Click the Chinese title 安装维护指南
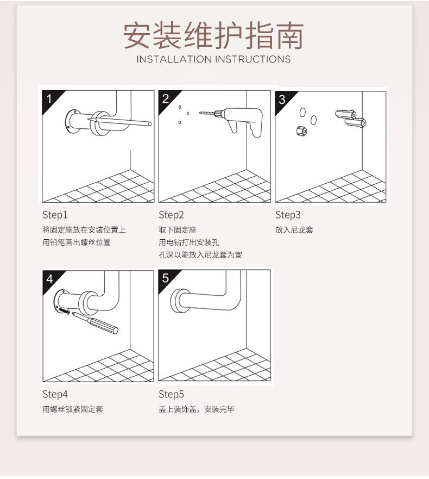coord(213,35)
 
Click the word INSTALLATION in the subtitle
coord(174,59)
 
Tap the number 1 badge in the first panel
coord(49,98)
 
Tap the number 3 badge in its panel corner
coord(282,99)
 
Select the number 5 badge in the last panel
coord(166,278)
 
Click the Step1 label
coord(55,215)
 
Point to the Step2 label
coord(171,215)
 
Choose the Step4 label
coord(55,394)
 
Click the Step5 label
coord(171,394)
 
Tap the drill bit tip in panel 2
coord(200,113)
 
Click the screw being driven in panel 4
coord(65,311)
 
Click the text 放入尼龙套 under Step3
coord(294,230)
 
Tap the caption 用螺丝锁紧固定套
coord(73,409)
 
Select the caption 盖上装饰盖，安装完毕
coord(197,409)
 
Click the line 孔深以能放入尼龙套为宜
coord(200,255)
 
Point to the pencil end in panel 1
coord(149,124)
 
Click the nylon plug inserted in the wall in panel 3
coord(301,130)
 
